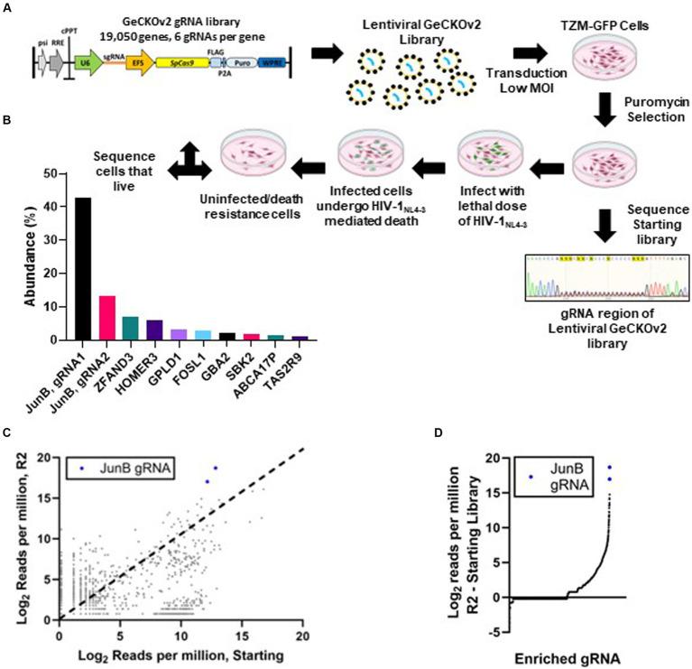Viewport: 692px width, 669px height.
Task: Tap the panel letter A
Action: pyautogui.click(x=7, y=7)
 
